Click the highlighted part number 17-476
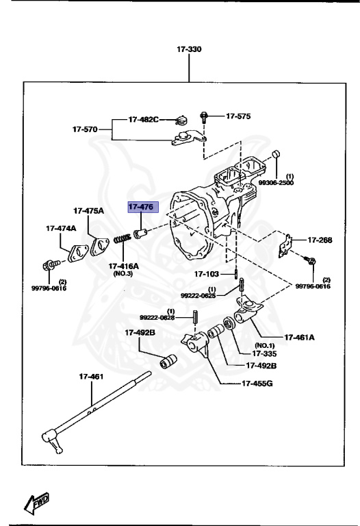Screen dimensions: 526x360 click(141, 207)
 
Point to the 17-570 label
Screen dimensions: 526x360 click(86, 128)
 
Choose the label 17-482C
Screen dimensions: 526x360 click(143, 119)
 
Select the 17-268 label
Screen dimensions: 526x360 click(320, 240)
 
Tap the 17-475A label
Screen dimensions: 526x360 click(89, 210)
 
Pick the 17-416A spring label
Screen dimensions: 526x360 click(123, 266)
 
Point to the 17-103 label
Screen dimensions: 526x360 click(208, 275)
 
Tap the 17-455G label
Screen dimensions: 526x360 click(257, 383)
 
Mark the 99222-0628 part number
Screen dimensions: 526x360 click(158, 318)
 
